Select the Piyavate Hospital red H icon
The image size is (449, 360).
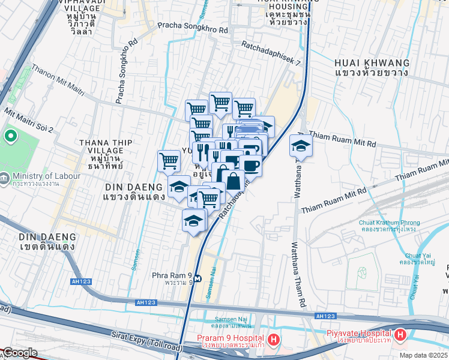(x=400, y=334)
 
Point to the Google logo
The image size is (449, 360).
(x=19, y=353)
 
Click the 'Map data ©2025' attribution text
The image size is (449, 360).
(x=423, y=355)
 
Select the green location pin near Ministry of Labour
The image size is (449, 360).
(x=10, y=136)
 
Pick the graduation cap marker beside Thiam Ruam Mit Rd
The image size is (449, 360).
(x=300, y=145)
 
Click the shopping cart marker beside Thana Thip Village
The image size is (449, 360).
(x=169, y=160)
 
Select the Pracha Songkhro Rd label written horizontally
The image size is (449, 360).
(x=193, y=27)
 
